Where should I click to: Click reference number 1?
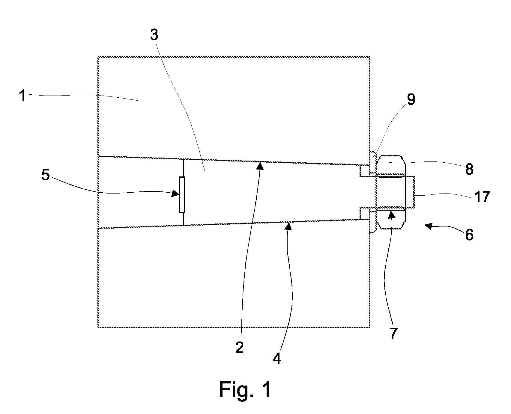point(22,96)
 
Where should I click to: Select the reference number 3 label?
point(154,35)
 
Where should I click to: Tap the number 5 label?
point(46,175)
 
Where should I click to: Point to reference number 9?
point(411,100)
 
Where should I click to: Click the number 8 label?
point(469,169)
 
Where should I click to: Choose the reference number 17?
point(482,197)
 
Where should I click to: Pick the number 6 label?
point(469,235)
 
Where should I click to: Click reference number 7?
point(393,333)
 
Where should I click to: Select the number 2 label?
point(239,348)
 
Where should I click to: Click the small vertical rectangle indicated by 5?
point(182,195)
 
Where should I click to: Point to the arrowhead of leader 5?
point(176,194)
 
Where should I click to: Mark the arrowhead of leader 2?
point(261,166)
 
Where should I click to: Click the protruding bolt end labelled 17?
point(410,192)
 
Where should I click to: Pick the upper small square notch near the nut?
point(364,170)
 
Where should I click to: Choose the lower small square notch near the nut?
point(364,213)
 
